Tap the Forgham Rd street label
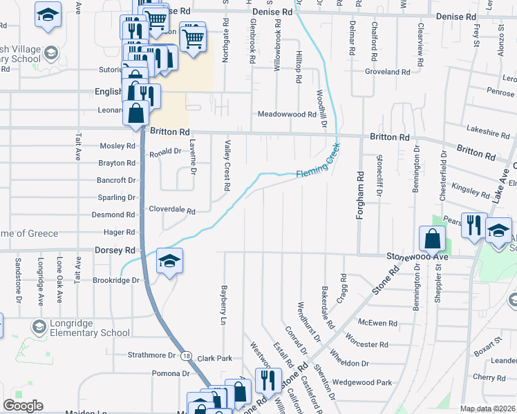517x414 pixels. (x=359, y=197)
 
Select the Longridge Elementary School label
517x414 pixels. (x=80, y=333)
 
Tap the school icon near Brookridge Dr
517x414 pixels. (x=169, y=262)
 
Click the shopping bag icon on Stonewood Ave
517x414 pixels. (x=432, y=239)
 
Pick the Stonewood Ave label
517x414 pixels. (x=417, y=256)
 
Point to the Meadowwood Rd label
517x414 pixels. (x=287, y=115)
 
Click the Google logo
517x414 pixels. (x=23, y=406)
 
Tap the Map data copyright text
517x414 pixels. (x=487, y=408)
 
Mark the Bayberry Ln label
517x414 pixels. (x=223, y=304)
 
